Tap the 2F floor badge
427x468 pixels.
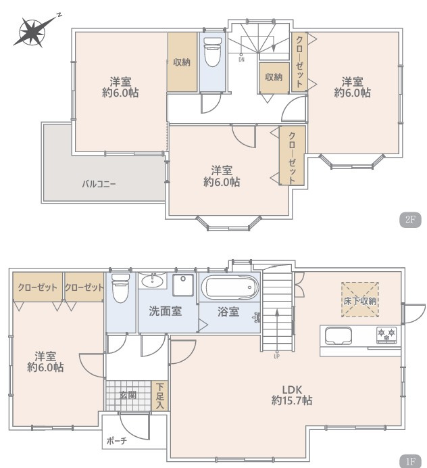click(x=410, y=220)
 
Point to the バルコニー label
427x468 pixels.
click(x=99, y=184)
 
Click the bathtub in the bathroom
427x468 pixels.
click(x=229, y=287)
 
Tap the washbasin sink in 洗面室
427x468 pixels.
click(x=153, y=281)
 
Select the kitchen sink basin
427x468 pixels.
click(x=338, y=335)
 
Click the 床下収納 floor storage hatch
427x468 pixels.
click(x=360, y=300)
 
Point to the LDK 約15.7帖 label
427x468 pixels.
click(x=292, y=395)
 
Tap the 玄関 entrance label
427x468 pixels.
click(x=128, y=395)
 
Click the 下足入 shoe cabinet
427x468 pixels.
click(x=160, y=396)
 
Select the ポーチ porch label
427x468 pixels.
click(x=117, y=441)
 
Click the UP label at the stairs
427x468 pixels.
click(x=276, y=356)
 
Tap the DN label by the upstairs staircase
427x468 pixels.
click(x=241, y=60)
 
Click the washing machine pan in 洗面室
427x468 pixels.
click(x=183, y=285)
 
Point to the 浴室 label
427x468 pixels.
click(x=228, y=312)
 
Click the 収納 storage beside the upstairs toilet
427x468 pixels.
click(x=182, y=62)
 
